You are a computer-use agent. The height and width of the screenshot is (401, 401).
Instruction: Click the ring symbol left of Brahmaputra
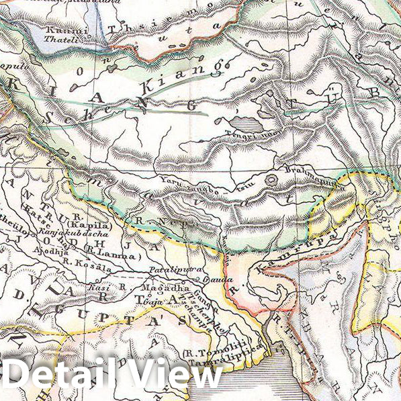pyautogui.click(x=271, y=179)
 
